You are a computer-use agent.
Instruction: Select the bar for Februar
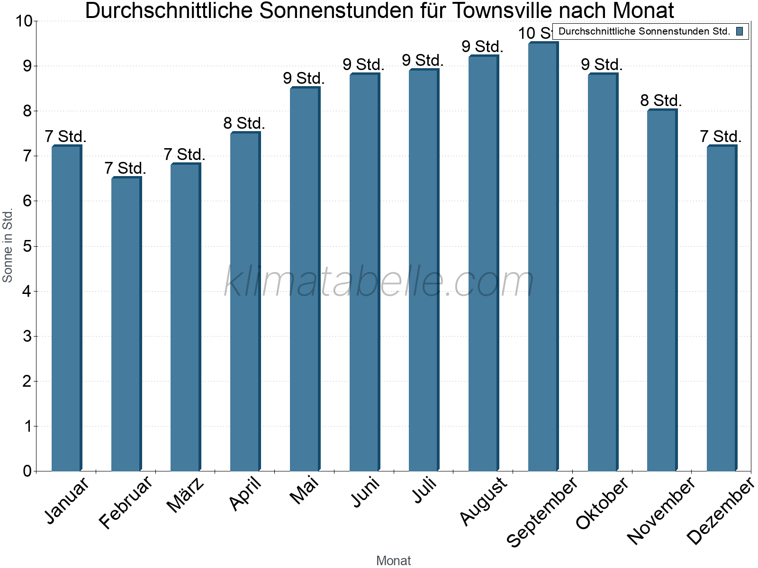tap(126, 324)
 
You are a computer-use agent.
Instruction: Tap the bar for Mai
tap(305, 279)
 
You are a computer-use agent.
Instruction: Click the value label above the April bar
tap(244, 124)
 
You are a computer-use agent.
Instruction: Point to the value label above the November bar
tap(661, 101)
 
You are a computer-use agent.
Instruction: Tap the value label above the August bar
tap(482, 47)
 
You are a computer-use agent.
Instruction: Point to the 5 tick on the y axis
tap(27, 246)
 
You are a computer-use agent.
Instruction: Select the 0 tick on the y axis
tap(27, 471)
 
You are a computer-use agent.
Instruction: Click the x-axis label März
tap(186, 495)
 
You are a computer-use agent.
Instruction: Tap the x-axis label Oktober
tap(602, 503)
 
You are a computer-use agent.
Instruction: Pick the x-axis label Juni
tap(365, 492)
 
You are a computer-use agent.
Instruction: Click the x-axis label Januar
tap(66, 500)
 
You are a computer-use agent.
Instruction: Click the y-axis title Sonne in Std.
tap(8, 246)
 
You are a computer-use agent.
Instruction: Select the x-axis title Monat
tap(393, 560)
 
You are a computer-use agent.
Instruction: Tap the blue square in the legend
tap(740, 31)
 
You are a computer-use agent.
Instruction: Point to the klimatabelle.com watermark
tap(379, 282)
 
